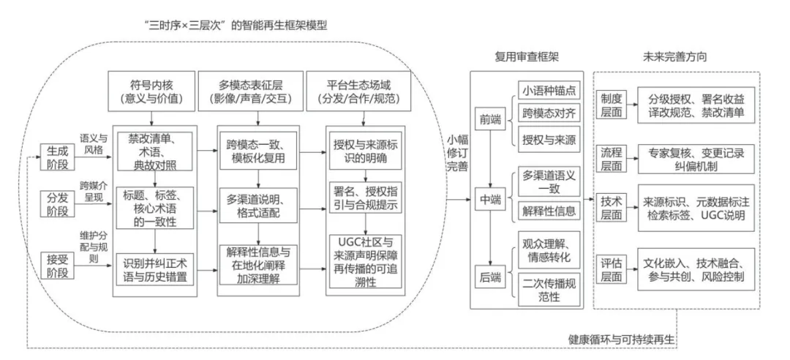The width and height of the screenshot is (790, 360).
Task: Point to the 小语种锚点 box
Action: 548,92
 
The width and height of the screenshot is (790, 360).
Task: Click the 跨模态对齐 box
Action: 548,114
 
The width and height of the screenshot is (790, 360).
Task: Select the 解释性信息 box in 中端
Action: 548,211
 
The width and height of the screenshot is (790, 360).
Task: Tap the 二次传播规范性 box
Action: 548,288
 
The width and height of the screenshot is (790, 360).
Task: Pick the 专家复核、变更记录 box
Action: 695,159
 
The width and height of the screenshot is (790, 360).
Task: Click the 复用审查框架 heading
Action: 530,56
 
